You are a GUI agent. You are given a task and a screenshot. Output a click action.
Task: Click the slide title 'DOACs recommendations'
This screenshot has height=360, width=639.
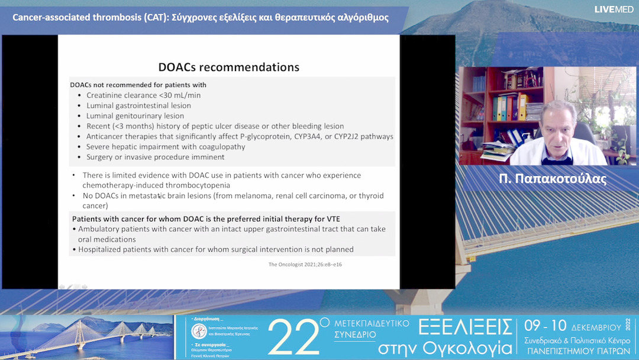(228, 67)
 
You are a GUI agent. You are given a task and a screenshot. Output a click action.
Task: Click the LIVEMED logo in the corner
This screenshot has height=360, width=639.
(614, 9)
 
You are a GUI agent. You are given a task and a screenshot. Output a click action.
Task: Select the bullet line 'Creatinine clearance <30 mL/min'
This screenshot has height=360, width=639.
(143, 95)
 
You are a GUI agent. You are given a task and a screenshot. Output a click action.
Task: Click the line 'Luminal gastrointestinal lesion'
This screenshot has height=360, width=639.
(138, 105)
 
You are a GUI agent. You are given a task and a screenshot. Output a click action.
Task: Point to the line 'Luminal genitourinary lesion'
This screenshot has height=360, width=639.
(135, 116)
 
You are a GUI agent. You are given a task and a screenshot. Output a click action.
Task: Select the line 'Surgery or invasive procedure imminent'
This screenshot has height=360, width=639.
(155, 157)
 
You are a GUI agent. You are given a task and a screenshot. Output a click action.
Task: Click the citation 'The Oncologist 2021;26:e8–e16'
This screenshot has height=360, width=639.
(305, 264)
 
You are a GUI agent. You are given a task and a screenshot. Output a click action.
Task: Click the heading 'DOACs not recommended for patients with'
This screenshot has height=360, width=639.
(138, 85)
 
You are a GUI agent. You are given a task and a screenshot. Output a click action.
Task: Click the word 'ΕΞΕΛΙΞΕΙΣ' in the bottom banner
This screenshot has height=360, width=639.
(464, 326)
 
